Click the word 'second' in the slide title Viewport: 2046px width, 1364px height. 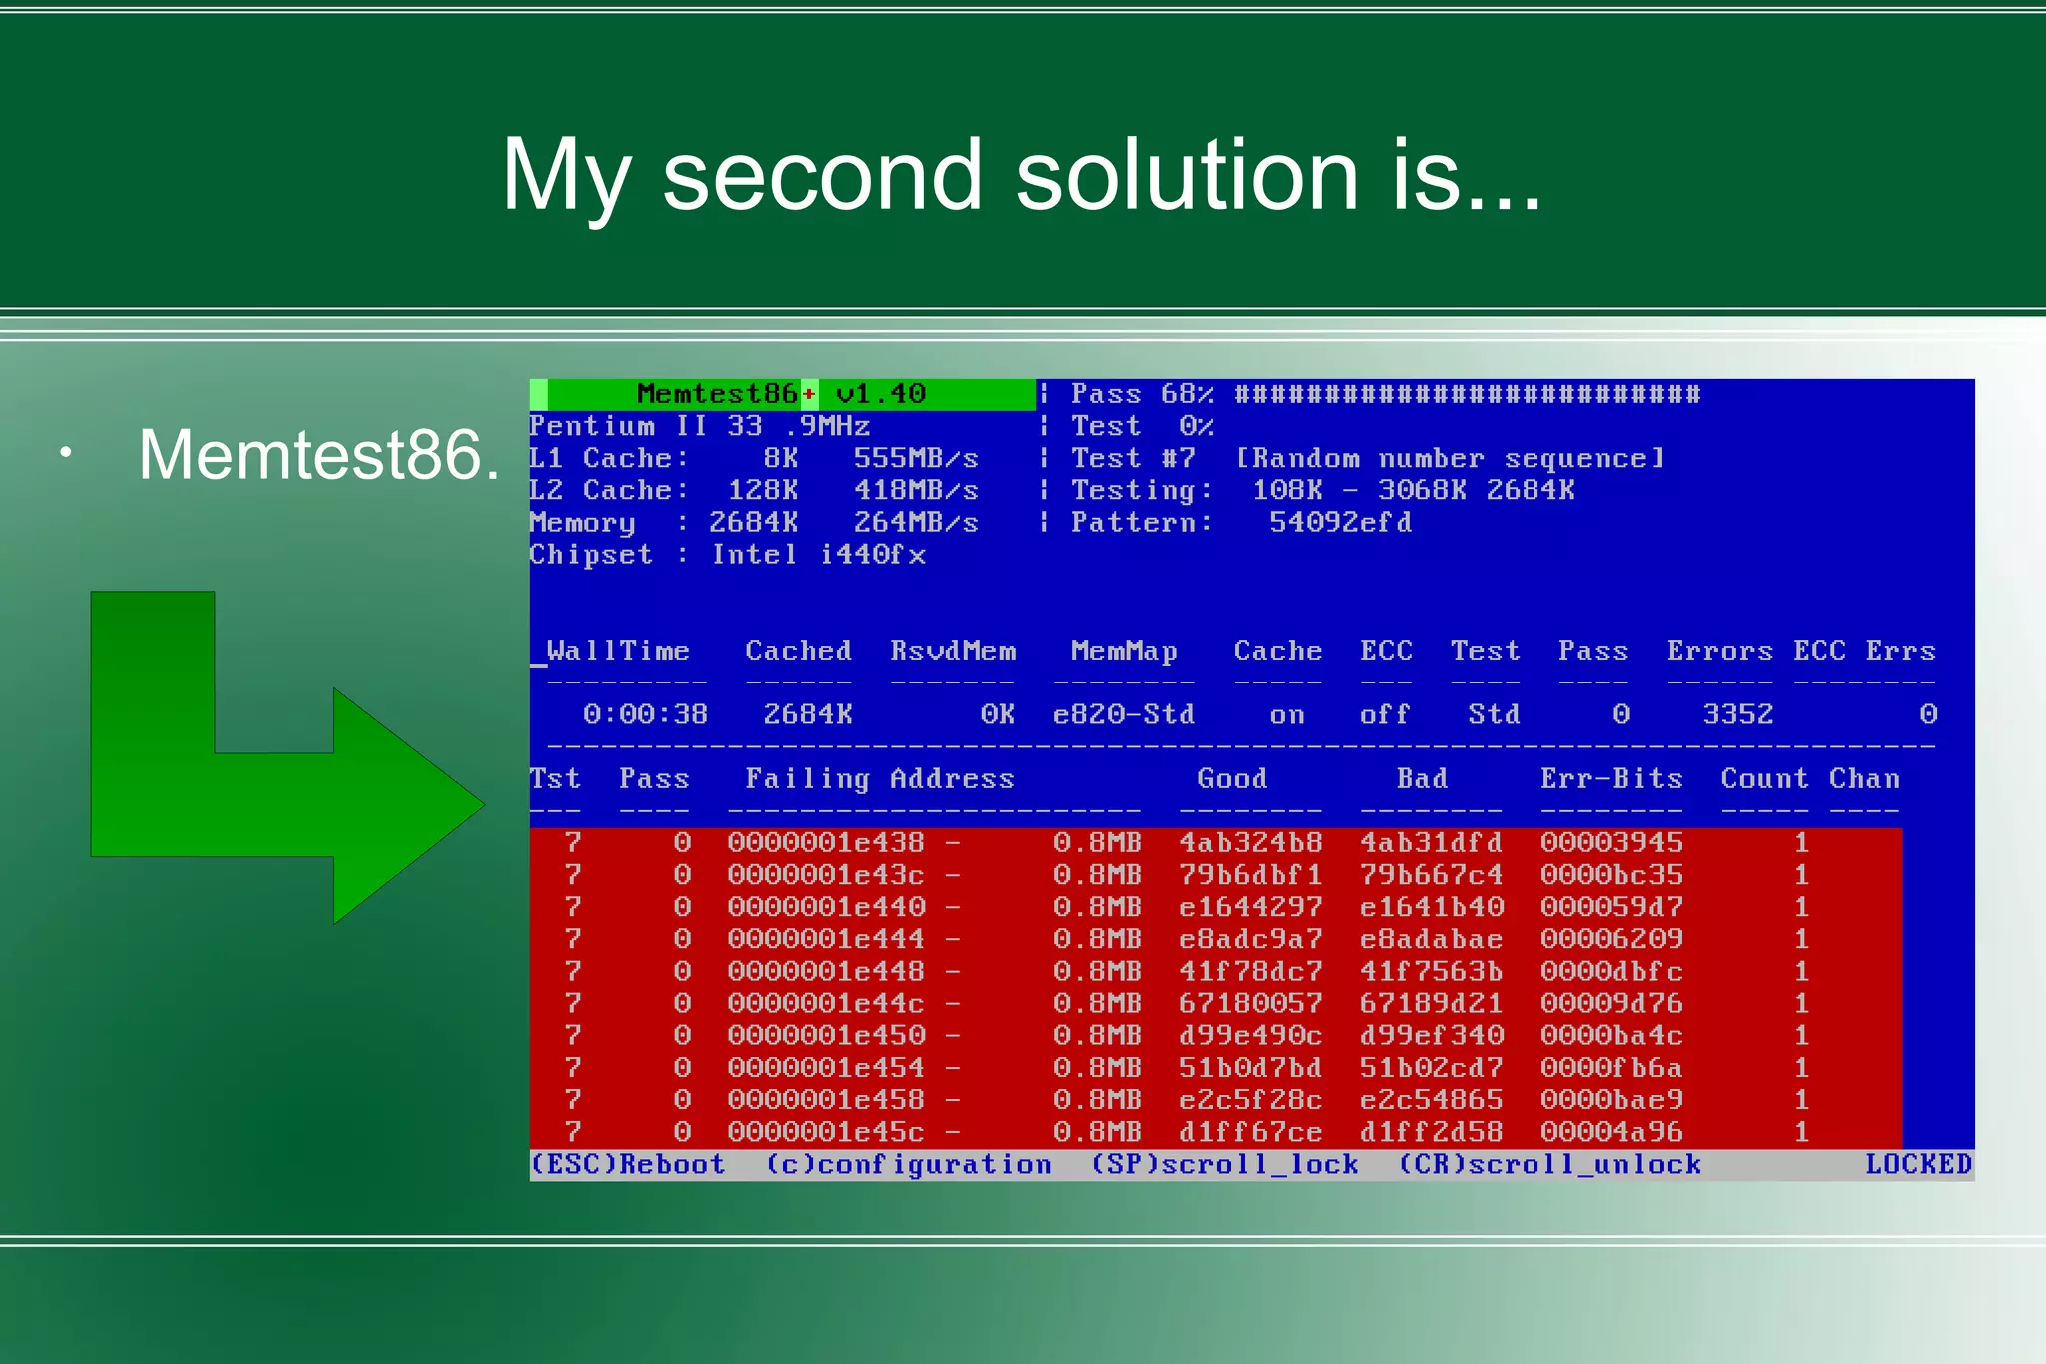822,175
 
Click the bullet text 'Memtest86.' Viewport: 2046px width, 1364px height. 318,455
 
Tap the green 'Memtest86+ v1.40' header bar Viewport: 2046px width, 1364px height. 781,394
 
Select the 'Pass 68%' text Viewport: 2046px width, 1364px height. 1141,394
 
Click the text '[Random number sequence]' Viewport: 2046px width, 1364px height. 1450,458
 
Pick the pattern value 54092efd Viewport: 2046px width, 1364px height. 1340,522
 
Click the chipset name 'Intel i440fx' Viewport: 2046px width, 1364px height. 818,555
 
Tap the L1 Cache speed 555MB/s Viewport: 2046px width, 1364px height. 915,458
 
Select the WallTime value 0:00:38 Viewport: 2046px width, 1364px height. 645,714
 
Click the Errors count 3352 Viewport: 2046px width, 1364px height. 1737,714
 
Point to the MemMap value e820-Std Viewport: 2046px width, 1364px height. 1123,714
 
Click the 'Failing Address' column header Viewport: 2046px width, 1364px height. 879,778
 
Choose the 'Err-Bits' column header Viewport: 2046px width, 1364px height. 1610,778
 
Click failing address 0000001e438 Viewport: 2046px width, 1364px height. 826,842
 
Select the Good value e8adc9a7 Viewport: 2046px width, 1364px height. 1250,939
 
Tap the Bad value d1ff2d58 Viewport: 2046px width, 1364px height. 1430,1132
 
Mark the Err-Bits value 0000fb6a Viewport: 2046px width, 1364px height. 1610,1067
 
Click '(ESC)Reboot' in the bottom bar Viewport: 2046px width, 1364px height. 627,1164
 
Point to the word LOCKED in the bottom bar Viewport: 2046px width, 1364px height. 1917,1164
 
